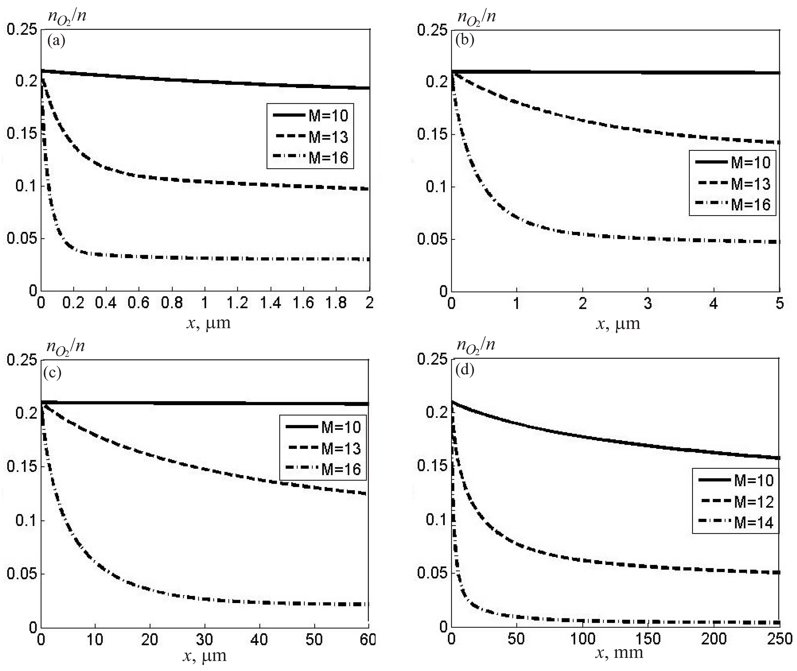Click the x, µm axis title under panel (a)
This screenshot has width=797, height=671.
pos(209,323)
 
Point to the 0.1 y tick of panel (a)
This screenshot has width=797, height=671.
pos(26,186)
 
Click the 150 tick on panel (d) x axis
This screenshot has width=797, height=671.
pos(648,639)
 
